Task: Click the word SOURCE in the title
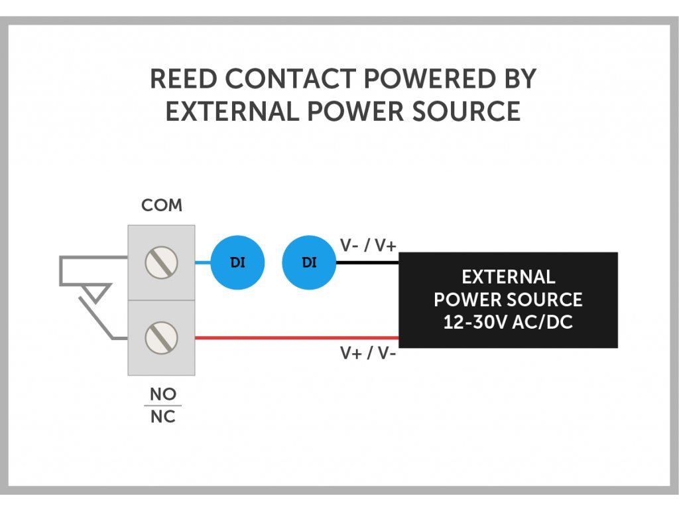467,111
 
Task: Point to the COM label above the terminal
162,205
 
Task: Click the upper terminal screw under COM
161,262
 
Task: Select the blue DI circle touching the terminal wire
237,262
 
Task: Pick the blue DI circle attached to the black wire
309,262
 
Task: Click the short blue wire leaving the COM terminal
203,262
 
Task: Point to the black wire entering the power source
367,262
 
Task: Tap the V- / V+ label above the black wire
368,246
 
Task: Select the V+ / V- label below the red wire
368,353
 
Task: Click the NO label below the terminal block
162,394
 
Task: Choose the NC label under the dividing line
162,418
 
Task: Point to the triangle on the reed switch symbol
97,292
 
